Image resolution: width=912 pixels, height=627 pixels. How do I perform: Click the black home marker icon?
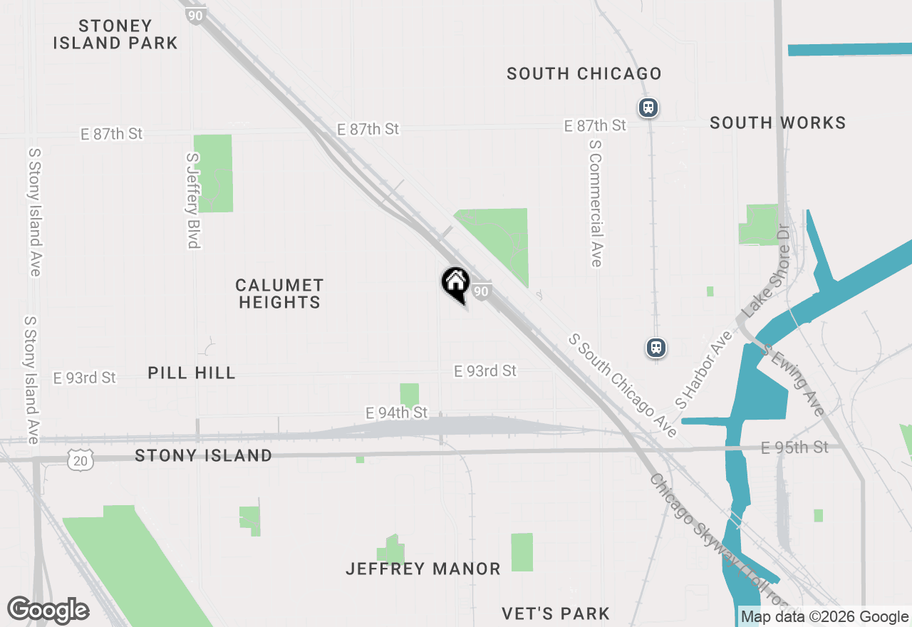coord(455,283)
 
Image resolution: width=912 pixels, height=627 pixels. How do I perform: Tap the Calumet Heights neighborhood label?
coord(279,294)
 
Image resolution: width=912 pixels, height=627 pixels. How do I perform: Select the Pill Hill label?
coord(192,373)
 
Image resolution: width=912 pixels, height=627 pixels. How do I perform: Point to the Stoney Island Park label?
coord(115,34)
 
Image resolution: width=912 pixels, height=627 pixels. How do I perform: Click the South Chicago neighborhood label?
coord(584,73)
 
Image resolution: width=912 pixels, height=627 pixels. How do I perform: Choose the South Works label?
coord(778,123)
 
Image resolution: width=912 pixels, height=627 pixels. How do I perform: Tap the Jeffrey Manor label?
coord(423,569)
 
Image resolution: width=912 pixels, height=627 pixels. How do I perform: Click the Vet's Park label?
coord(556,613)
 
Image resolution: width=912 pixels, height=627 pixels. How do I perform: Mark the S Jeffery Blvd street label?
coord(192,200)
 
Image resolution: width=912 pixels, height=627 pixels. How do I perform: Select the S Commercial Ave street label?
coord(596,202)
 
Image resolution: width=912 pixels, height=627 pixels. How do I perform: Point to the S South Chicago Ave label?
coord(622,385)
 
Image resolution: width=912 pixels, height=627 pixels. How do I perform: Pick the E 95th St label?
coord(794,447)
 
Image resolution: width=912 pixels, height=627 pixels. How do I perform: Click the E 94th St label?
coord(396,413)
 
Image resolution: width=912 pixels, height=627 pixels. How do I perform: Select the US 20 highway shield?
coord(81,461)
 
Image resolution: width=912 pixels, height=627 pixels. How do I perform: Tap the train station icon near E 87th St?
coord(648,108)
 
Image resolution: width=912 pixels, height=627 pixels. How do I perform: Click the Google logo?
coord(48,611)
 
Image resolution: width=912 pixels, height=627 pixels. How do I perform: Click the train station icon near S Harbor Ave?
coord(656,347)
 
